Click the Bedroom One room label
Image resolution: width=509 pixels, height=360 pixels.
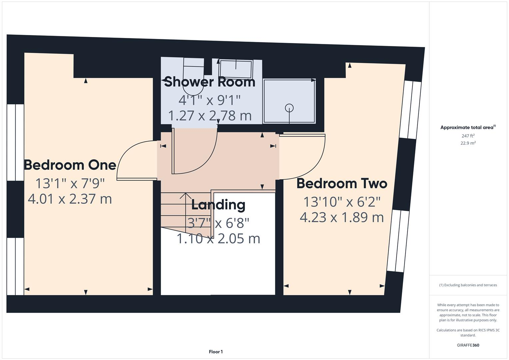[70, 165]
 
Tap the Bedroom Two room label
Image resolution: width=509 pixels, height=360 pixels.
[342, 183]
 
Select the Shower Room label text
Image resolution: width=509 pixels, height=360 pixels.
[210, 82]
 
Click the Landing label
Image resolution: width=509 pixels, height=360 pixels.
[218, 205]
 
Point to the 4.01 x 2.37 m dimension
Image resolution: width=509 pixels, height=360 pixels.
[70, 199]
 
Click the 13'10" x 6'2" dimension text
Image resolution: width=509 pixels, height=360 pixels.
[342, 202]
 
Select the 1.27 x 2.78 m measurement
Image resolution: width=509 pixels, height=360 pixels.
[210, 116]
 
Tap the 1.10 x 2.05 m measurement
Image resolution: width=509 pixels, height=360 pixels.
[218, 239]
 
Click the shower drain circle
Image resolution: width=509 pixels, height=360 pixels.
[289, 108]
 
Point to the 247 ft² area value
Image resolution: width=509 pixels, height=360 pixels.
[468, 136]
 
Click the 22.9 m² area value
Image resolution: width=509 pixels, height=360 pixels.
[468, 143]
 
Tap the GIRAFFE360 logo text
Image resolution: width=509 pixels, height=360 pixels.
[468, 345]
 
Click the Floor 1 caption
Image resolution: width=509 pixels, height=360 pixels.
[216, 352]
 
